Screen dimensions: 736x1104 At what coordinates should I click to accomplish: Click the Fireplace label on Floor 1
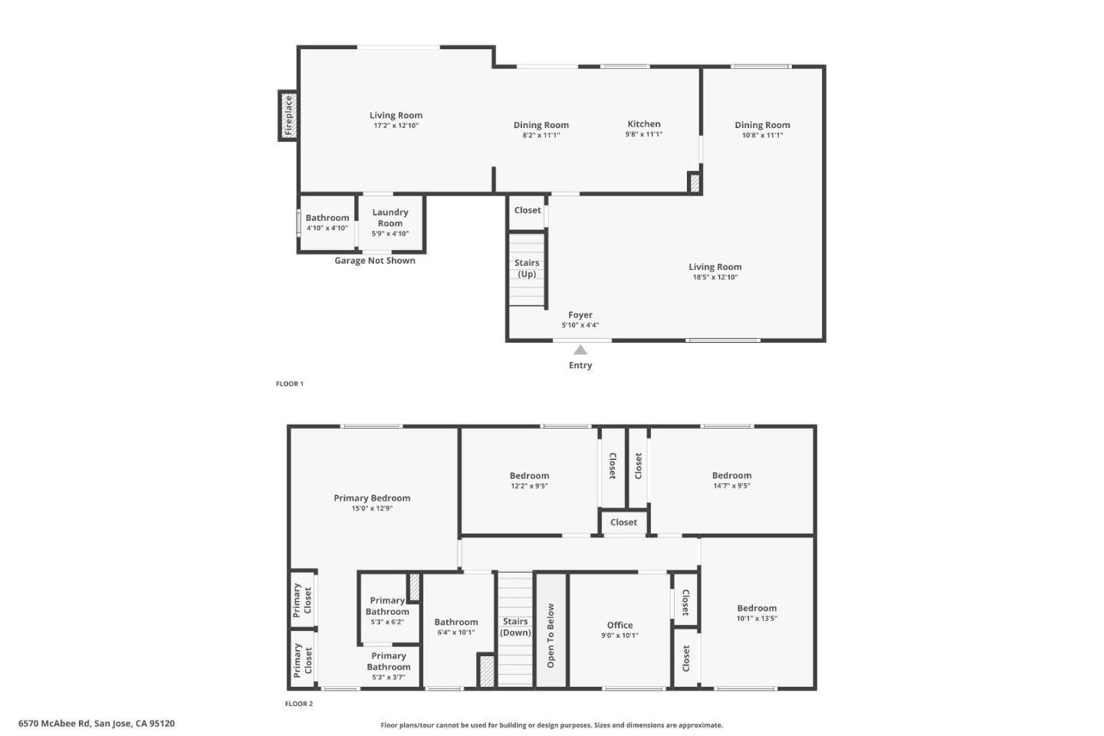coord(289,115)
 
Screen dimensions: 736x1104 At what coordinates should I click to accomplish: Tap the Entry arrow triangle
coord(580,350)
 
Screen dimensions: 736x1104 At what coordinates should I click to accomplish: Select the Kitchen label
coord(644,124)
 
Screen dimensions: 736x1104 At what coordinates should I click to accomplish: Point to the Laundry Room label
coord(390,218)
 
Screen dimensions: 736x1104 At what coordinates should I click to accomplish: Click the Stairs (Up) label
coord(527,268)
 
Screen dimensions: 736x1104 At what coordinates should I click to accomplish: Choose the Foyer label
coord(580,315)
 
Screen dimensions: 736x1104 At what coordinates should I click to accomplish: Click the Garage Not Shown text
coord(375,261)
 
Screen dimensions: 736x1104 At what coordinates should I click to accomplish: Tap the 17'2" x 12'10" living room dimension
coord(396,126)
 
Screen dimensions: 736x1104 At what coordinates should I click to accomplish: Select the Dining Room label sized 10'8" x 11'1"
coord(762,125)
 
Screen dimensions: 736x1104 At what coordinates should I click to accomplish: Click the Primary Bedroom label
coord(372,498)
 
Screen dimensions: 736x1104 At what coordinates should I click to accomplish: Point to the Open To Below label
coord(550,636)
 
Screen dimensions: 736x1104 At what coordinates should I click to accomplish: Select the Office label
coord(619,626)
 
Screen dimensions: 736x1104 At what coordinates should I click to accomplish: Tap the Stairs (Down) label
coord(515,627)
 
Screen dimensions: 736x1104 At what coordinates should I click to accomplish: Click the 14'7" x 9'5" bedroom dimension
coord(731,486)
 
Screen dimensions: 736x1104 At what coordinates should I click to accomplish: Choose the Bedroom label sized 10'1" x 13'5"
coord(757,608)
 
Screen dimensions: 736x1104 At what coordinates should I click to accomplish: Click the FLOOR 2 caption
coord(299,704)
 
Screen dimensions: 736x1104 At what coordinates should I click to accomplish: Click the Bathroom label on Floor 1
coord(327,218)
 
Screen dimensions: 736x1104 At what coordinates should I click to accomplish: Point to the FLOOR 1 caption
coord(290,384)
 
